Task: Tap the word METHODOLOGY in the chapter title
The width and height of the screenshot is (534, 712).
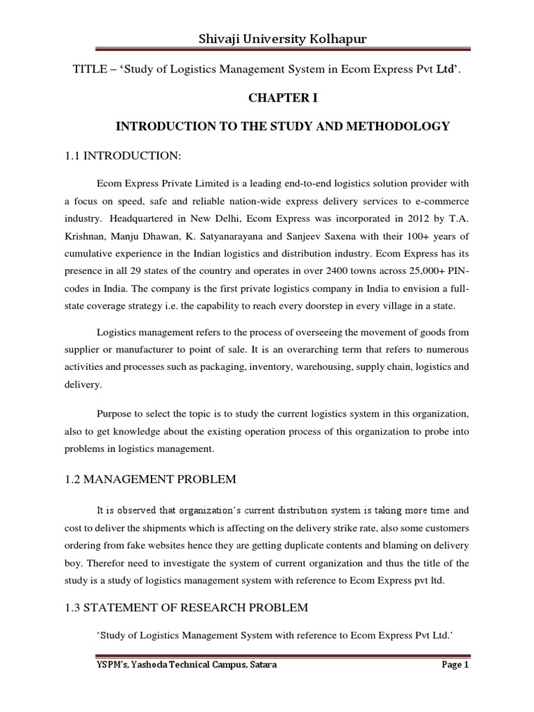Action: click(397, 126)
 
